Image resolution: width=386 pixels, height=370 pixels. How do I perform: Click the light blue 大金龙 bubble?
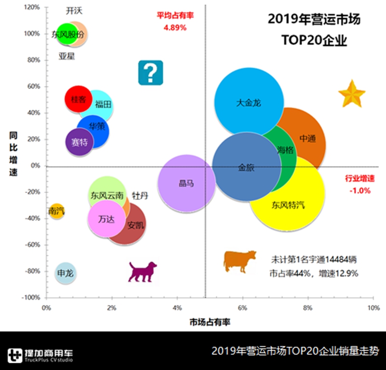coord(248,102)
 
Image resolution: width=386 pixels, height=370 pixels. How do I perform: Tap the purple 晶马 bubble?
coord(186,183)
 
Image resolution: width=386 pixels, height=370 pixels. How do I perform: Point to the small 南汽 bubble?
coord(56,211)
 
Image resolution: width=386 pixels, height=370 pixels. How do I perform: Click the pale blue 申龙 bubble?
coord(65,273)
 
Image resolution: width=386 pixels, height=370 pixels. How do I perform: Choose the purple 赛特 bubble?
coord(79,142)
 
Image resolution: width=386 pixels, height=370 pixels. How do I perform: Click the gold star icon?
coord(351,94)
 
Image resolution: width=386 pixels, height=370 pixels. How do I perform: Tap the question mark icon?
coord(151,73)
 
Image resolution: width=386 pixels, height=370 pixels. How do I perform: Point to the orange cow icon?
coord(239,261)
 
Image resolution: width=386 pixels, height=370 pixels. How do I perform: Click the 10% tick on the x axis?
coord(372,307)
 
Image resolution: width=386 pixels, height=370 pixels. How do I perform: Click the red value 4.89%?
coord(175,27)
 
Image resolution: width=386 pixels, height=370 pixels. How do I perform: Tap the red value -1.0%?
coord(359,190)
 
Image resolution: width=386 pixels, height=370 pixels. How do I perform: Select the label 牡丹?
coord(140,195)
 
